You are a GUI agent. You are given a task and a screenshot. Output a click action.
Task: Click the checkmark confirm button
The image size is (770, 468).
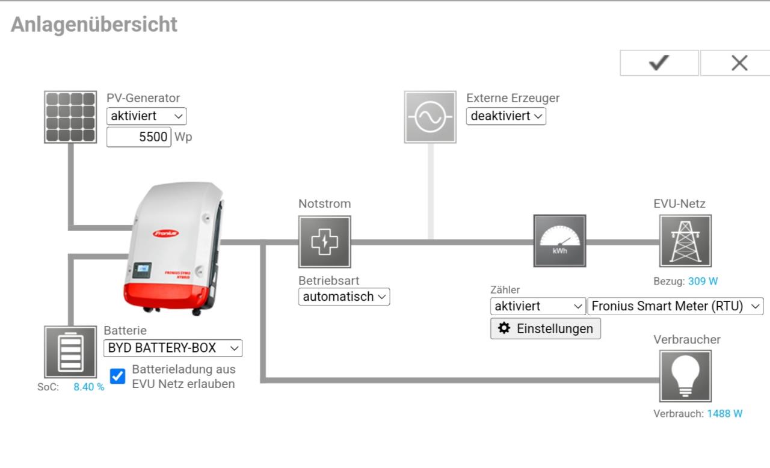coord(659,63)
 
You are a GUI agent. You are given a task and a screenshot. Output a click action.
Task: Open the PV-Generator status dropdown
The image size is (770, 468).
coord(146,116)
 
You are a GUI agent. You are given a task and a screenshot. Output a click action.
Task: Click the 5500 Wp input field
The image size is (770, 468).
coord(139,137)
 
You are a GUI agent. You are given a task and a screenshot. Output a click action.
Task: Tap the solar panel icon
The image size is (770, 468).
coord(70,117)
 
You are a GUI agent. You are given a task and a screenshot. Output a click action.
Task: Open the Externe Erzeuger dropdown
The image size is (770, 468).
coord(506,116)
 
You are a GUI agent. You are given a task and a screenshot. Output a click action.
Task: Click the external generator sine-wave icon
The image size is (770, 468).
coord(430,117)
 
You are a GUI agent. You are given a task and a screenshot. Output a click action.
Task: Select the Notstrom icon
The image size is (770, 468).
coord(325,242)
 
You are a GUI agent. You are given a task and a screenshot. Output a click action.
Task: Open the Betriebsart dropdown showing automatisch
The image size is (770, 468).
coord(344,297)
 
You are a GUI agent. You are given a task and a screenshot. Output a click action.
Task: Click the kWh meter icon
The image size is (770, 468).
coord(559,241)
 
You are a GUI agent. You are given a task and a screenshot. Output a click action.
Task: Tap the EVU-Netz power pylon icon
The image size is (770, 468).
coord(685,241)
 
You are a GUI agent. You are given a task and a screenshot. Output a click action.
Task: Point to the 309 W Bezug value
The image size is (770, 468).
coord(703,281)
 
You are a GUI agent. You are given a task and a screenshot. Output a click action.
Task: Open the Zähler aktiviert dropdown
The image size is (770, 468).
coord(538,306)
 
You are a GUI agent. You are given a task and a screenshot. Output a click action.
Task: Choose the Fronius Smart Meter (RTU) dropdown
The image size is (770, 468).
coord(676,306)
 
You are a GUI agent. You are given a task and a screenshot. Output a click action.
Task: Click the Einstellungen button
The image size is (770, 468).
coord(546,328)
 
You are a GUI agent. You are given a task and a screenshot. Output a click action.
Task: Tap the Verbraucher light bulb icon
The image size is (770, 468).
coord(685,377)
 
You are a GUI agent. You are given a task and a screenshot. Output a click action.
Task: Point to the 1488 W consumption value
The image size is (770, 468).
coord(724,414)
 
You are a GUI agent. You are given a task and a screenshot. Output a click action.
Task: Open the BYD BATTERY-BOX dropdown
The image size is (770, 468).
coord(173,348)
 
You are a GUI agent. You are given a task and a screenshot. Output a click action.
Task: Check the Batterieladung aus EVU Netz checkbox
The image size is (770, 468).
coord(118,377)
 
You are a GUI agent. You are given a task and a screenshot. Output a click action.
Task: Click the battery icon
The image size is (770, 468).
coord(70,352)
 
